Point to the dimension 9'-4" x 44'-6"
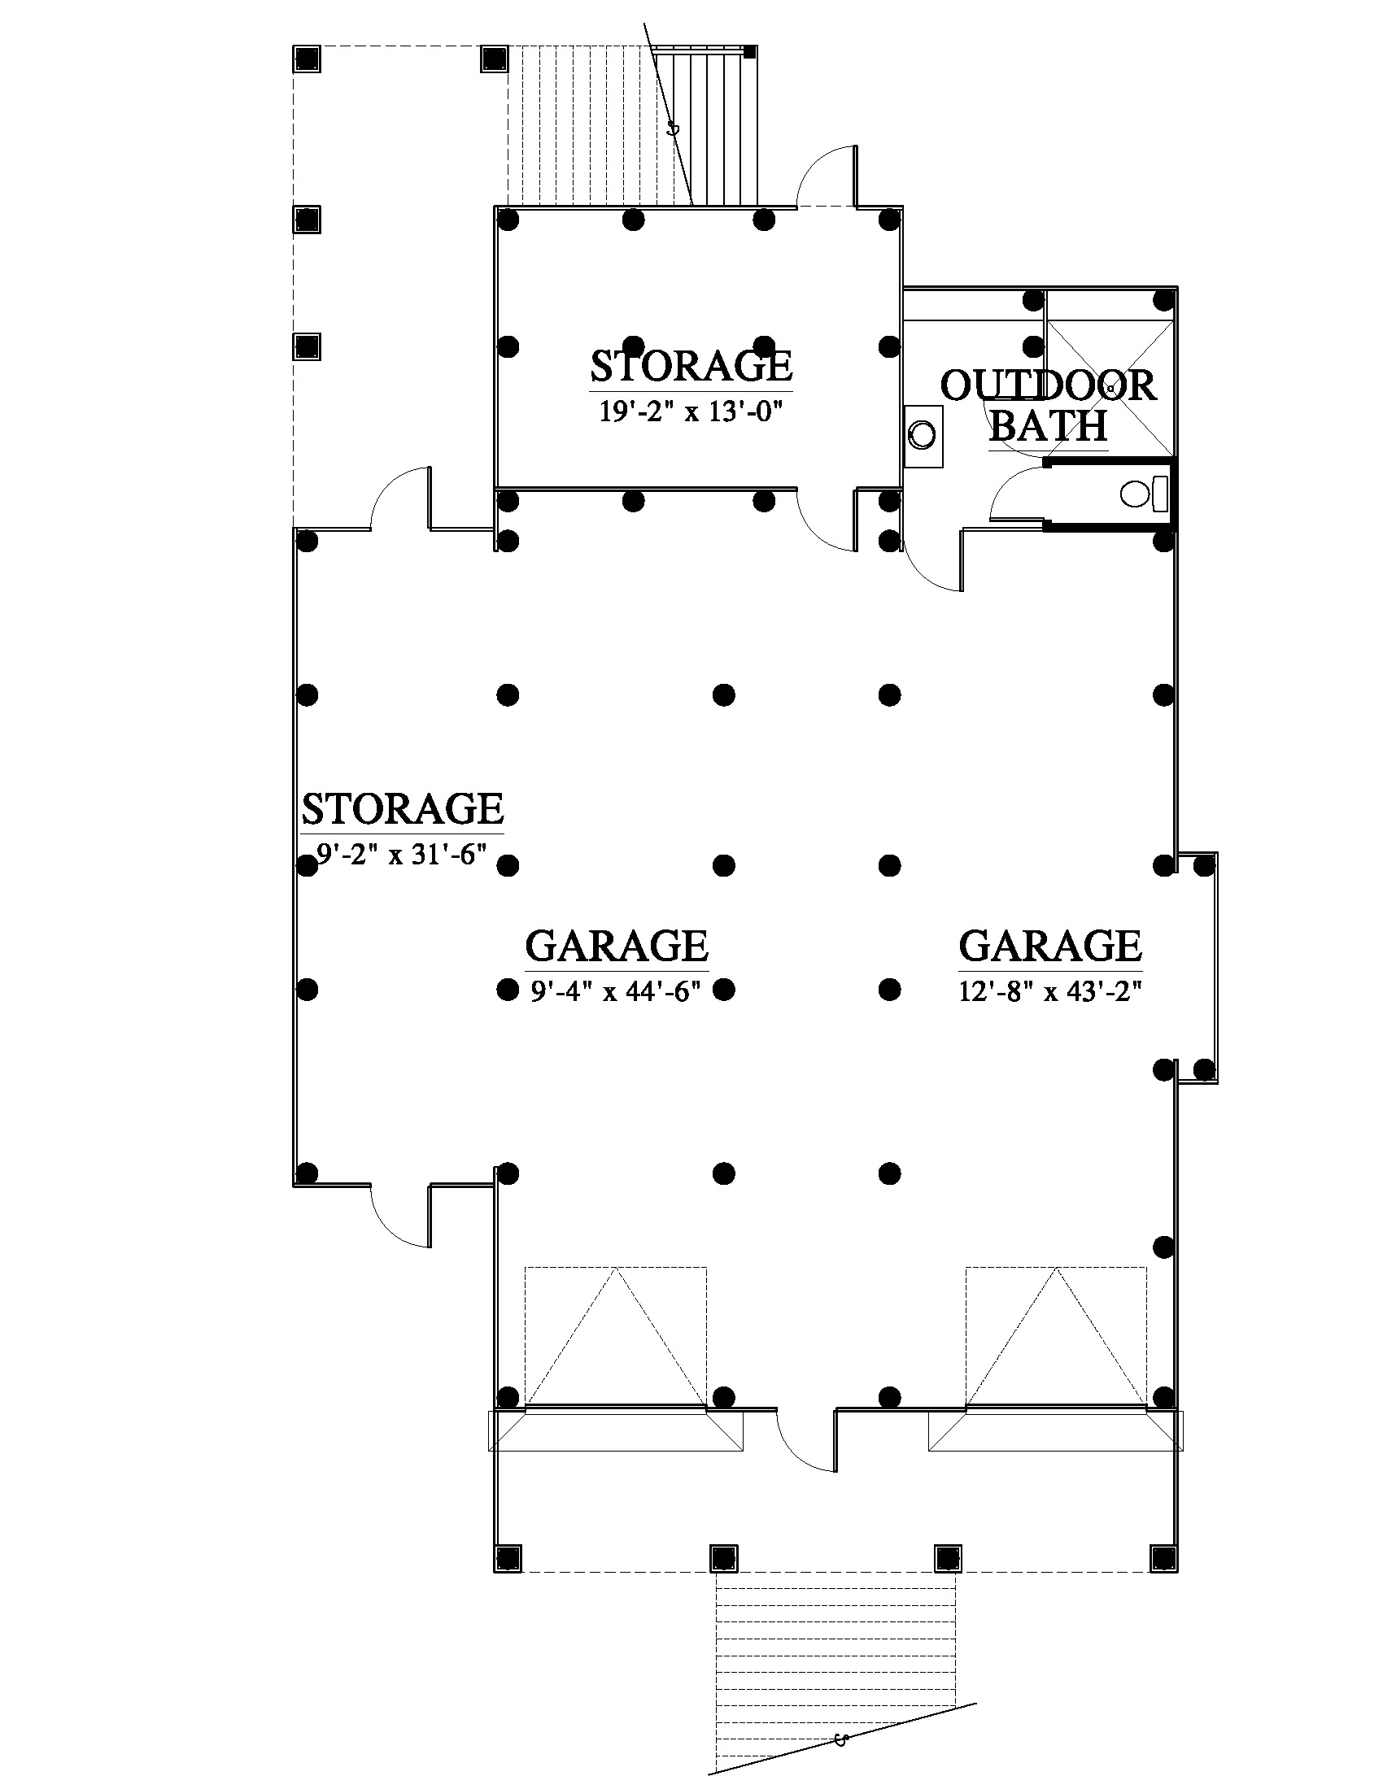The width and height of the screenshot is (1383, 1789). pos(616,992)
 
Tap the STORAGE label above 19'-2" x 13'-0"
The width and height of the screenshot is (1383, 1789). pos(691,366)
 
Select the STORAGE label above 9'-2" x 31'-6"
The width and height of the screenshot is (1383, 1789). pos(403,809)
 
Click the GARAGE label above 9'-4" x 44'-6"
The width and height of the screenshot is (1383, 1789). pos(617,946)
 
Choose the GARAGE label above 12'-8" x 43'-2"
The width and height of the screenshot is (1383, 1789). pos(1050,946)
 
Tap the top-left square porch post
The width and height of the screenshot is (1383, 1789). pos(307,59)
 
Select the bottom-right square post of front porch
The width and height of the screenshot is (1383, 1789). pos(1163,1557)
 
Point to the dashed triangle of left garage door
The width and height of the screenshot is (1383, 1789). pos(615,1336)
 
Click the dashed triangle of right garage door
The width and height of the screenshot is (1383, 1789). pos(1056,1336)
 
